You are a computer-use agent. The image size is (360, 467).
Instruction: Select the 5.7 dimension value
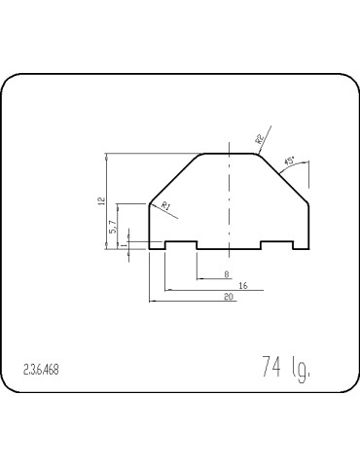[x=113, y=226]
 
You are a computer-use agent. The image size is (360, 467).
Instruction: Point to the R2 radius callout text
[x=260, y=139]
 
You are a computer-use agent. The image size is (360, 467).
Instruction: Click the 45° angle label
[x=289, y=162]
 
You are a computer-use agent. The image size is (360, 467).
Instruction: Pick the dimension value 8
[x=226, y=274]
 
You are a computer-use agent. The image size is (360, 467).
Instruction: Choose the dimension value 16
[x=242, y=286]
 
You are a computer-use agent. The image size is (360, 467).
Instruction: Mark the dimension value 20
[x=228, y=298]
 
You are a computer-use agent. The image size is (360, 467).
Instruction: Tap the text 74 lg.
[x=285, y=367]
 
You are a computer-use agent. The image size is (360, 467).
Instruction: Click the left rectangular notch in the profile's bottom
[x=181, y=243]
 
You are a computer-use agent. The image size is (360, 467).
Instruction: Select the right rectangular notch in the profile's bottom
[x=276, y=243]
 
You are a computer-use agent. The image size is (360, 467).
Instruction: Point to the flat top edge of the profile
[x=228, y=153]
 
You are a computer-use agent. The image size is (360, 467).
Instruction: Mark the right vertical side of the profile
[x=308, y=226]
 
